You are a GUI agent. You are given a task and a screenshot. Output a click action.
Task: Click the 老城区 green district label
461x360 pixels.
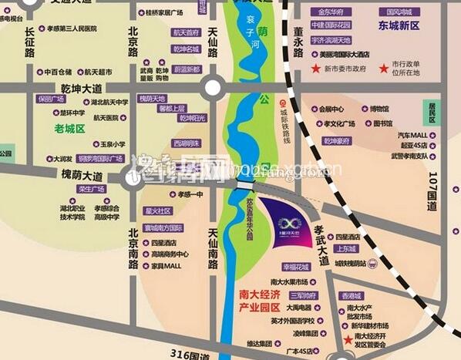pos(69,128)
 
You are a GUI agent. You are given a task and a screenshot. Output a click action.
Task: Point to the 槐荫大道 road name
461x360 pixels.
pos(82,176)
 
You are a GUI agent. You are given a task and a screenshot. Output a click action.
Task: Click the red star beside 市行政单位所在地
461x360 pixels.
pos(384,69)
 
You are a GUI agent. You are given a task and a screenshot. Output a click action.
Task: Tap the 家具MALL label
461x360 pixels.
pos(165,265)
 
